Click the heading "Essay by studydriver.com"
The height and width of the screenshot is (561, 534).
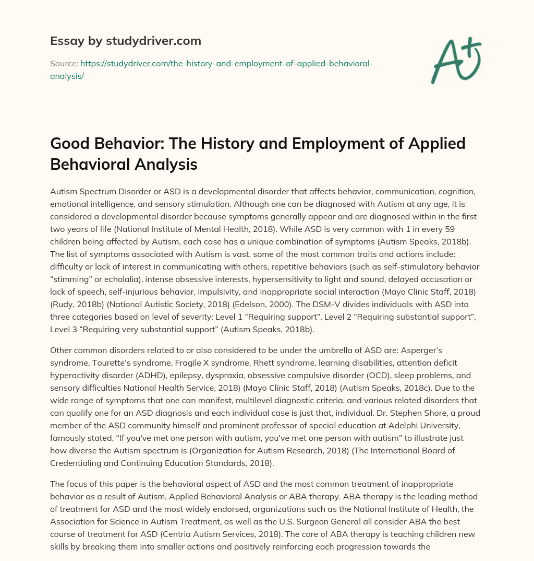(126, 41)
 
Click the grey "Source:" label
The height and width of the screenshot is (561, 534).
(64, 64)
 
